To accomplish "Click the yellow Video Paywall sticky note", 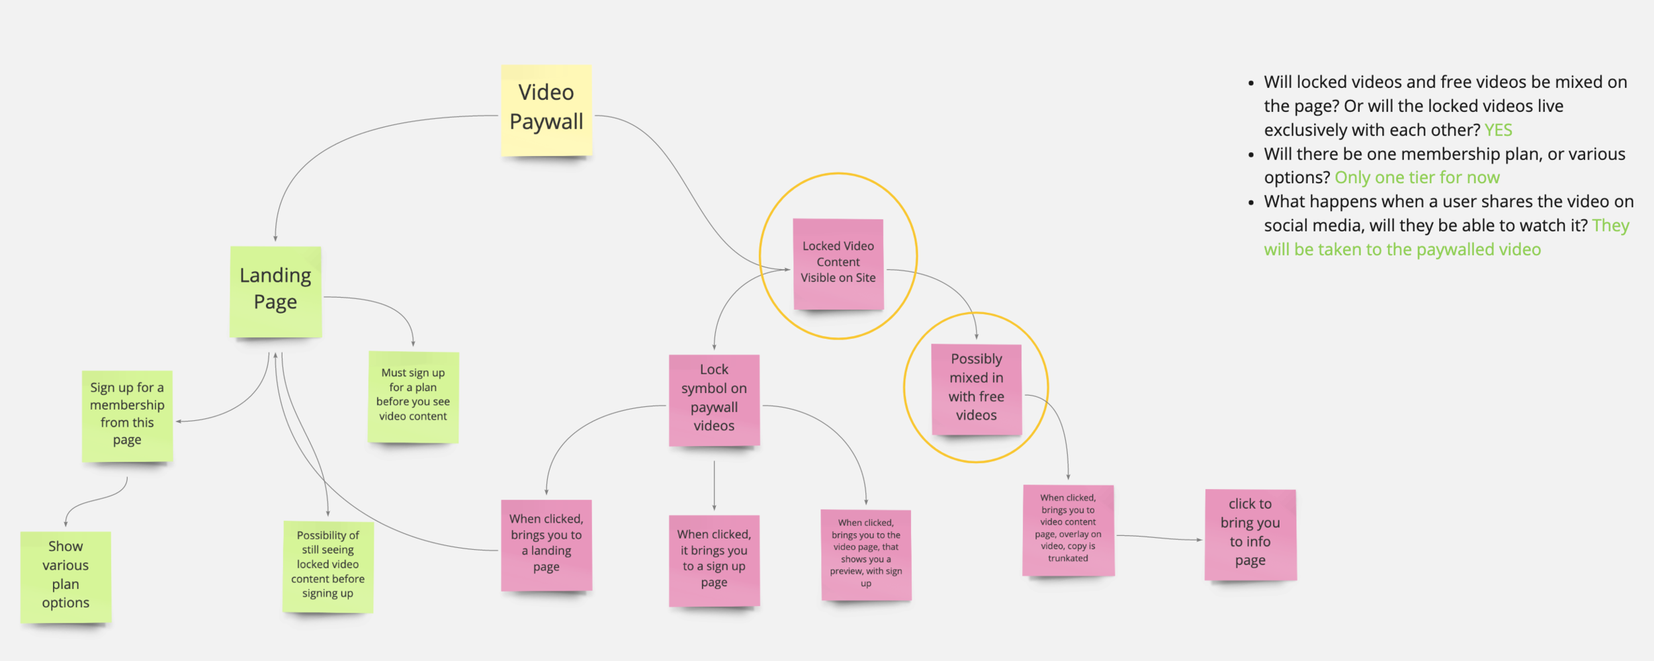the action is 546,110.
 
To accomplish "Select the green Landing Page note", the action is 275,291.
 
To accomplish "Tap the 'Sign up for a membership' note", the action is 127,415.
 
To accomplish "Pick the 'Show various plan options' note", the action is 65,576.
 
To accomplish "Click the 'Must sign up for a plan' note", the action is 413,396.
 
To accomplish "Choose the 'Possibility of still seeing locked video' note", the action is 327,566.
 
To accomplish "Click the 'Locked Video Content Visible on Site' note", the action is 838,263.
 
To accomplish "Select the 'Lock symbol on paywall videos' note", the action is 714,399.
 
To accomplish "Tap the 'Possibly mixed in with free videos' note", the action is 976,388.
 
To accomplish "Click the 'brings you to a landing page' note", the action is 546,544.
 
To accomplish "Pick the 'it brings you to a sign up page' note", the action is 714,559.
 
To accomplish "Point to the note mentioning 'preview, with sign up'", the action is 865,554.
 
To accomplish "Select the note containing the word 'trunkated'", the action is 1068,529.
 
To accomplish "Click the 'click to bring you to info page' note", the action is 1250,533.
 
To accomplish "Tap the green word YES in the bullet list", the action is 1498,130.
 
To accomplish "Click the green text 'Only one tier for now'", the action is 1416,178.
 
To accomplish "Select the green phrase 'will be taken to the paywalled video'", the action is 1402,250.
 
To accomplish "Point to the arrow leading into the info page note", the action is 1158,537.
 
